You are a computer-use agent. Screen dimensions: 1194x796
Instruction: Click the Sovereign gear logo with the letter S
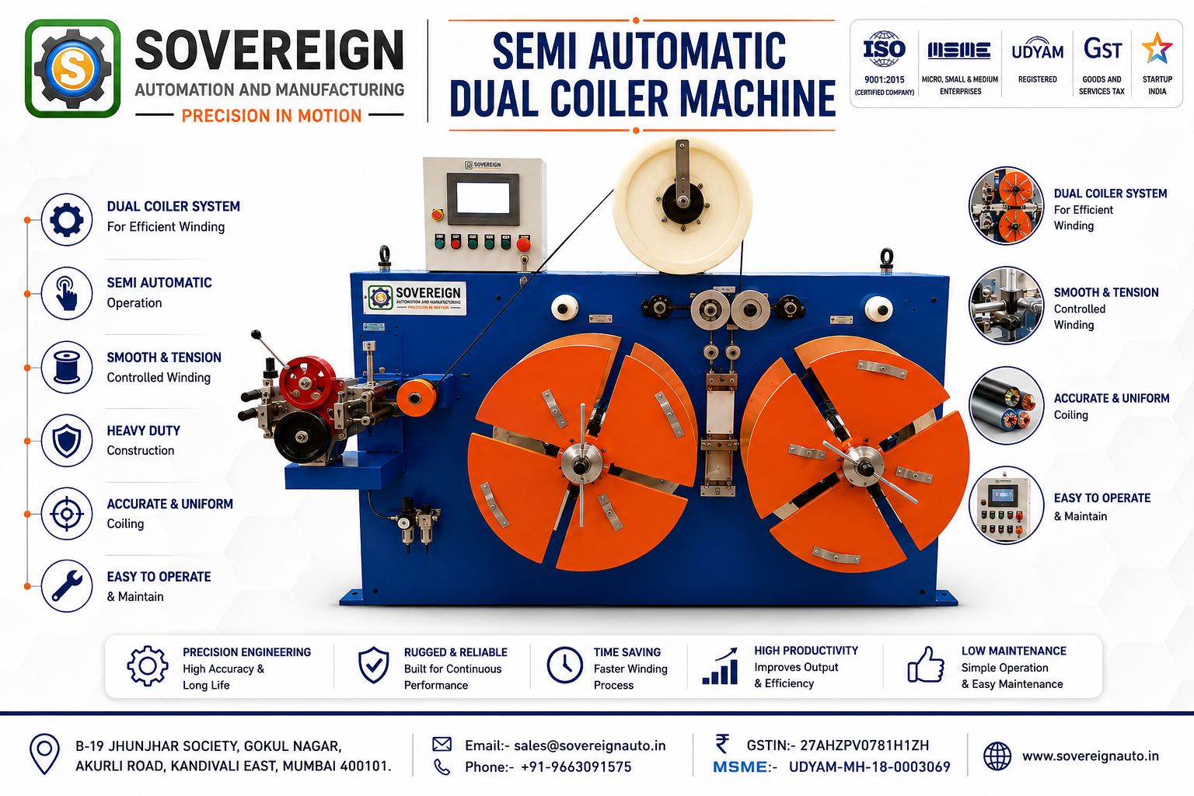tap(72, 68)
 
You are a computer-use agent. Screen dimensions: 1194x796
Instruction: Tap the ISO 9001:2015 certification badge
tap(885, 63)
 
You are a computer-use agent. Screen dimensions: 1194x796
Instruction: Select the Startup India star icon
tap(1157, 48)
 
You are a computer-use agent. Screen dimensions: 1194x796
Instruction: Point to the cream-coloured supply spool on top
tap(683, 204)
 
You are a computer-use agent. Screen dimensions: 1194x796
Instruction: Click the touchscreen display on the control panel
tap(483, 198)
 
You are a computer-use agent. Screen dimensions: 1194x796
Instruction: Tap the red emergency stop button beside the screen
tap(437, 215)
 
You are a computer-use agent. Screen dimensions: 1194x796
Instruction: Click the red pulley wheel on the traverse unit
tap(308, 382)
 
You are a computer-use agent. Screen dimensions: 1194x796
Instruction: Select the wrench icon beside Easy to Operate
tap(67, 586)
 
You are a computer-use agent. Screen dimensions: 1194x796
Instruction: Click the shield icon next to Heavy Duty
tap(67, 441)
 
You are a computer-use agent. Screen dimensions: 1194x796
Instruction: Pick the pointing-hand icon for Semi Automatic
tap(67, 293)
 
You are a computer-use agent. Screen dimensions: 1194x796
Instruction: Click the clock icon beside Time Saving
tap(564, 665)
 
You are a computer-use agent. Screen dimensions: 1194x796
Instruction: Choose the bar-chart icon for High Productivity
tap(720, 666)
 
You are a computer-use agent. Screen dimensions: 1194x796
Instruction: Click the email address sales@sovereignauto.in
tap(589, 745)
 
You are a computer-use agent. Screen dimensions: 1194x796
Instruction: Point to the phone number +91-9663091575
tap(576, 766)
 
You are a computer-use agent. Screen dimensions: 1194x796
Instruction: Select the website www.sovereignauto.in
tap(1090, 756)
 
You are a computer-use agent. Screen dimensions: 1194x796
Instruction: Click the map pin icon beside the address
tap(45, 753)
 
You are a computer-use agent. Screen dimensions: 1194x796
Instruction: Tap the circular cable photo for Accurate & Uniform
tap(1006, 406)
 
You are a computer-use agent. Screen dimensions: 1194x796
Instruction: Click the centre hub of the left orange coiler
tap(581, 463)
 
